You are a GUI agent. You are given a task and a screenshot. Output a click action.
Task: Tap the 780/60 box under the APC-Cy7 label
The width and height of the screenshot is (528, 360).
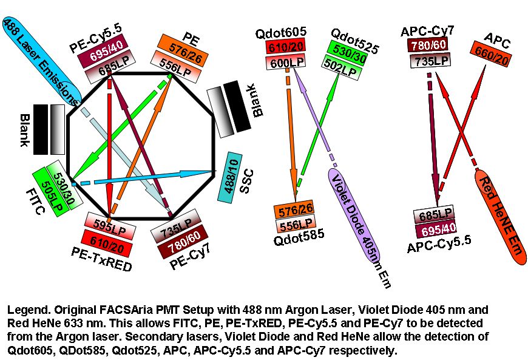[428, 46]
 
